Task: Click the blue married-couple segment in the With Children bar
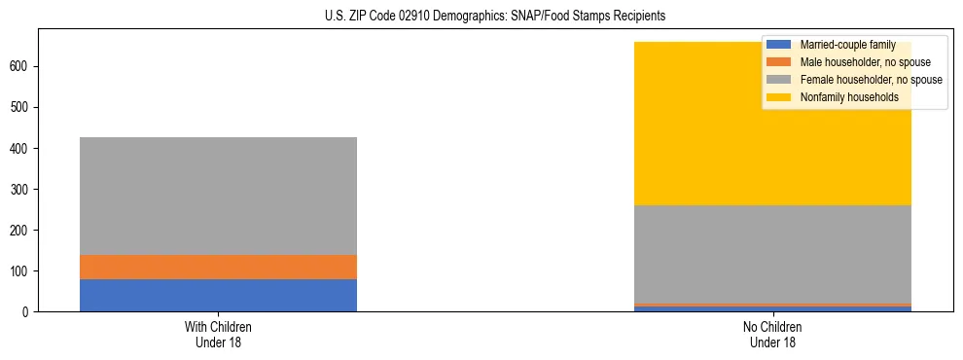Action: click(x=218, y=295)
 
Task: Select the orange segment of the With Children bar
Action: click(x=218, y=267)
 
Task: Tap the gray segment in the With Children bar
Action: click(x=218, y=196)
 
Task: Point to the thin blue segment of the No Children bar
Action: click(x=772, y=308)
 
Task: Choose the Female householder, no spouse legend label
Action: click(x=871, y=80)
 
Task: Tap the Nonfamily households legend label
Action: click(x=848, y=97)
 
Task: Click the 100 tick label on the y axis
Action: click(x=20, y=271)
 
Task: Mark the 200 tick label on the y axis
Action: click(x=20, y=231)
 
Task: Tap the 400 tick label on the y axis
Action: click(x=20, y=148)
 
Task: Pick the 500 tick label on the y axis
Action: click(x=20, y=107)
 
